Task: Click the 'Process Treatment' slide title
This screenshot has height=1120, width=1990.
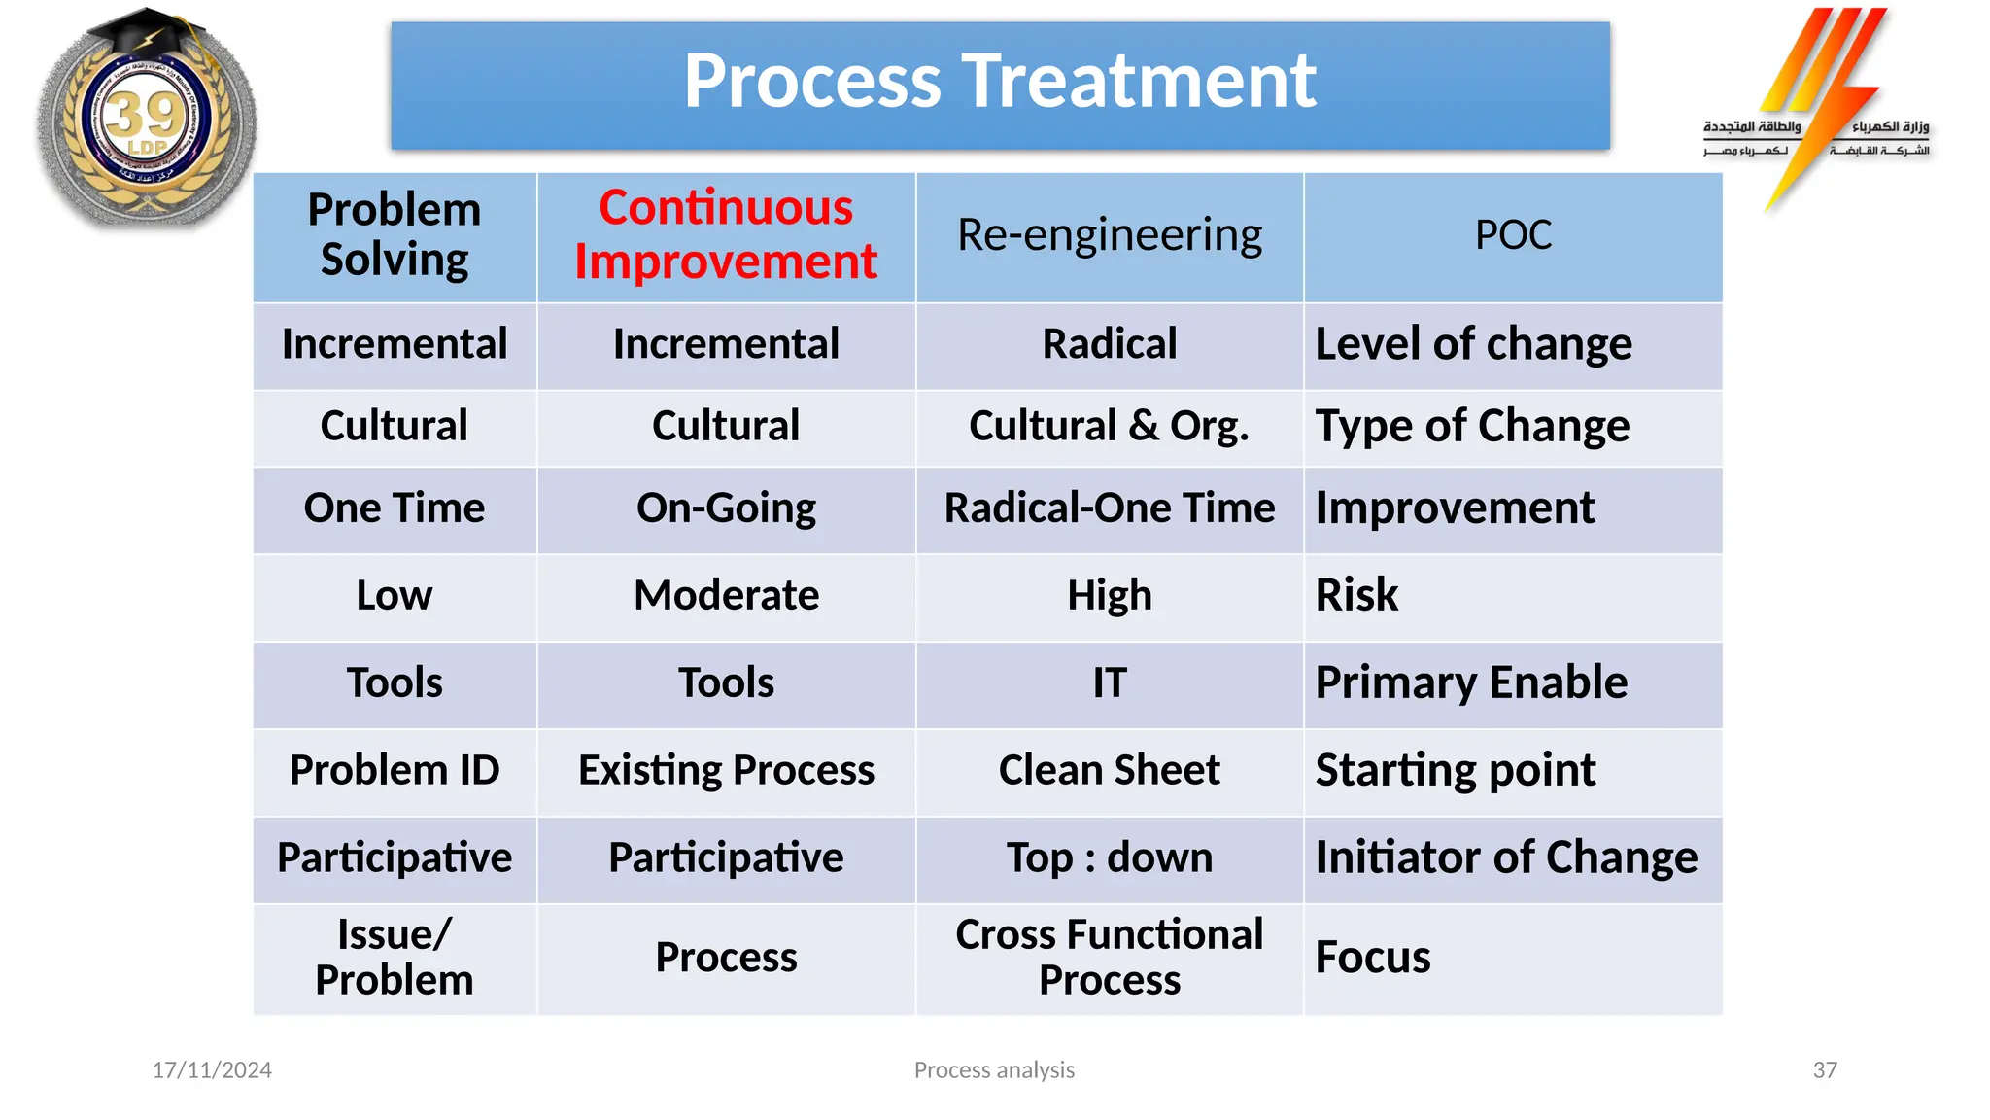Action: (1000, 82)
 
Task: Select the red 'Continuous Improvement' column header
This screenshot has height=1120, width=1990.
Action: (726, 235)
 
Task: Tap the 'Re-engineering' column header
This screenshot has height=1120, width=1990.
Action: (1109, 235)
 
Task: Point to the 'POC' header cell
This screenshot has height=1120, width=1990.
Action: (1513, 235)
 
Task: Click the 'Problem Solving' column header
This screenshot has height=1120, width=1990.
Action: (395, 235)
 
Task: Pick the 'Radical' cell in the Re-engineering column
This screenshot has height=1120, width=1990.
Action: (1109, 344)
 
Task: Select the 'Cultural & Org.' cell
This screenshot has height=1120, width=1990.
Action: (1109, 426)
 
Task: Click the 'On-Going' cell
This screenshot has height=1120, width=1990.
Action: (726, 508)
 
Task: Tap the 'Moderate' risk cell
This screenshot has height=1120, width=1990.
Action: (726, 595)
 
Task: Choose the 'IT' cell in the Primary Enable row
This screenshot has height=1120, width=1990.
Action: (1109, 682)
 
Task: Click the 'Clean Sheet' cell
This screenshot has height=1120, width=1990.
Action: (1109, 770)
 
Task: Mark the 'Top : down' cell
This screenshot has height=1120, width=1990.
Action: (1109, 857)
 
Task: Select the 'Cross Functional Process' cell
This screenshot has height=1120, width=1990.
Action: (1109, 958)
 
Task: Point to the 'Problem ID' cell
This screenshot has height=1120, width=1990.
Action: (395, 770)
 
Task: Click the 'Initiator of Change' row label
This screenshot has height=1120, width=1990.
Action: (1506, 857)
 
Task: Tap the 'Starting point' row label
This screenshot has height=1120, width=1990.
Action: (1455, 770)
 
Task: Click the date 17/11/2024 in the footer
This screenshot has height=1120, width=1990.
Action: (212, 1070)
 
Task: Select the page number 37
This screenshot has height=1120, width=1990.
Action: (1825, 1070)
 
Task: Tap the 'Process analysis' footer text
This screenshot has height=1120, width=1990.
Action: (994, 1070)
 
